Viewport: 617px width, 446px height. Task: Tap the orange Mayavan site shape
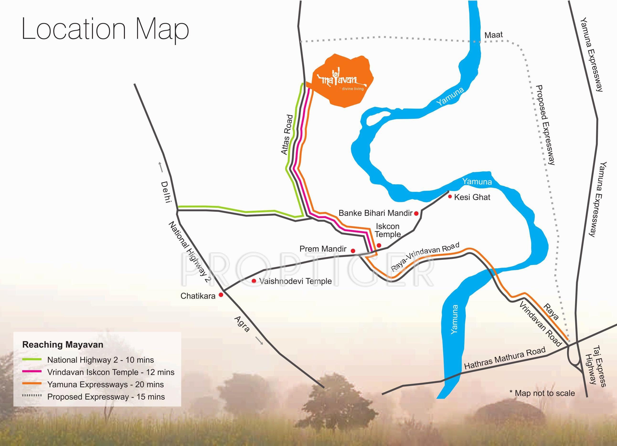click(x=340, y=82)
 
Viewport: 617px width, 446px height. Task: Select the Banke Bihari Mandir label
click(x=375, y=213)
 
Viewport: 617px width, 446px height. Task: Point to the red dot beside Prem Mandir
click(x=353, y=251)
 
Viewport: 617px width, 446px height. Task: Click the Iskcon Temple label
click(x=388, y=230)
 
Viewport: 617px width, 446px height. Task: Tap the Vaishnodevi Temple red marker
click(x=254, y=281)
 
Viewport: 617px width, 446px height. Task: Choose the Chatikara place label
click(x=198, y=296)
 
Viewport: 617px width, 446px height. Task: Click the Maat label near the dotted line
click(x=494, y=35)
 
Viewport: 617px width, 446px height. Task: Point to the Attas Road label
click(x=287, y=135)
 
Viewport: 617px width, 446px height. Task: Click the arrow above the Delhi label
click(x=161, y=167)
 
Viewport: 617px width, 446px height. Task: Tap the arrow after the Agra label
click(x=259, y=341)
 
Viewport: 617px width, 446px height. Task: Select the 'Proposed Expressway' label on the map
click(x=545, y=125)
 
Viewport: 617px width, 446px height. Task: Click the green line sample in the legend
click(x=32, y=360)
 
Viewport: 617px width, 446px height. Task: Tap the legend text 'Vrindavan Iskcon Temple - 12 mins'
click(x=111, y=372)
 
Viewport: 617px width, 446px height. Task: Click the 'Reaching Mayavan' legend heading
click(x=63, y=345)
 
